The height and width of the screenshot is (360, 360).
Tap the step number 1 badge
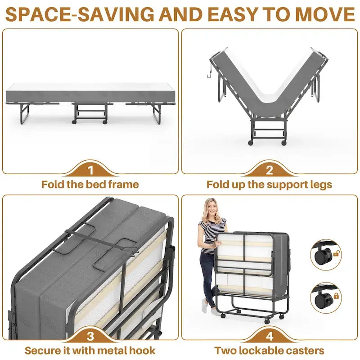pos(90,170)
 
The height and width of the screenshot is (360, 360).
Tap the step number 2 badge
pos(269,170)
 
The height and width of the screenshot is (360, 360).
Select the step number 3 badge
pos(90,336)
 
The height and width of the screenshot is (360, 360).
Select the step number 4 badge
pos(269,336)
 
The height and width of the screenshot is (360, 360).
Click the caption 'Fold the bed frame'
pos(90,184)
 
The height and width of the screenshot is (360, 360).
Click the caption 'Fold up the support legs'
pos(269,184)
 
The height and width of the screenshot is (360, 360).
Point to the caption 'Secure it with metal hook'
pos(90,351)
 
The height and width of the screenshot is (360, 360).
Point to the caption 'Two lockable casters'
pos(269,351)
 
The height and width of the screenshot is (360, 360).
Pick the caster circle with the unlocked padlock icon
pos(325,254)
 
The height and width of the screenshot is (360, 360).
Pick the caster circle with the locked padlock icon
pos(325,297)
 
